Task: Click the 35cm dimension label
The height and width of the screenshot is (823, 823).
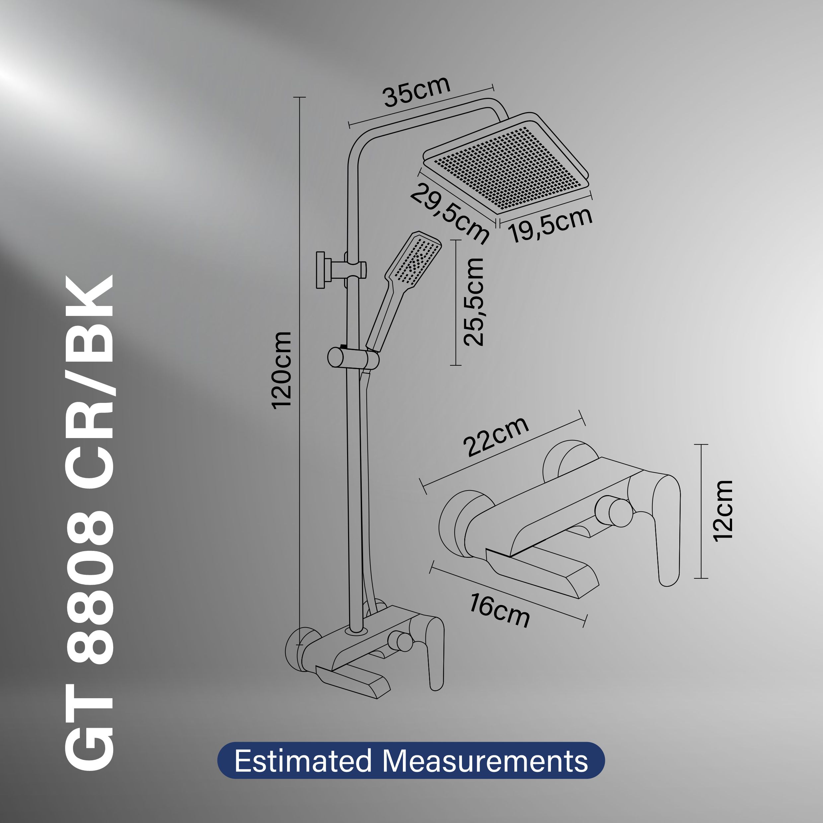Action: point(416,92)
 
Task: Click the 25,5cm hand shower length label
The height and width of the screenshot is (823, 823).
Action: point(473,302)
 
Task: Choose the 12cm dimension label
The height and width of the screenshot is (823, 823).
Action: point(722,511)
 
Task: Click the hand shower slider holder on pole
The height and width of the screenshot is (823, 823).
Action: point(353,358)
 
